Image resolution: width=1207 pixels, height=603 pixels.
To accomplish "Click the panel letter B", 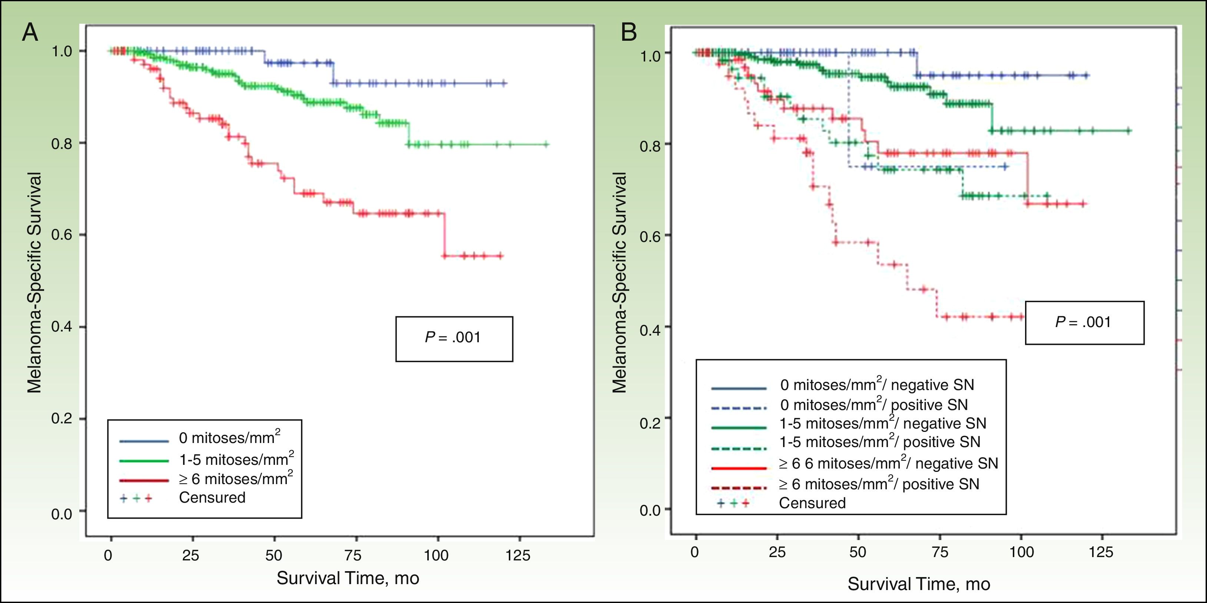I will pyautogui.click(x=629, y=32).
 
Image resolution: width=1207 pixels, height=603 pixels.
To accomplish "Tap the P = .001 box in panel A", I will pyautogui.click(x=454, y=339).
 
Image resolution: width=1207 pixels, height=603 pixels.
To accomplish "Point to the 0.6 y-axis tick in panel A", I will pyautogui.click(x=62, y=234).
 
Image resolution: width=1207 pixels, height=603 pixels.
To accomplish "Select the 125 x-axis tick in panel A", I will pyautogui.click(x=518, y=555).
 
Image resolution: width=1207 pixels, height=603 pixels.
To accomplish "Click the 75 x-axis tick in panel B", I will pyautogui.click(x=939, y=552).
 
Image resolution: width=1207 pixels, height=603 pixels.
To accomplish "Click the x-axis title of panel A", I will pyautogui.click(x=348, y=578).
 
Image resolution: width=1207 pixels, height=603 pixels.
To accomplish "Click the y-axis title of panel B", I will pyautogui.click(x=619, y=282).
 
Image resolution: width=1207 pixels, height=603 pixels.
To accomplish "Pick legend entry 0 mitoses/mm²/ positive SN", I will pyautogui.click(x=874, y=404).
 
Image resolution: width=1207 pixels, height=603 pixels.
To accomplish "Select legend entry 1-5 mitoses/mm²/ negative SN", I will pyautogui.click(x=882, y=424).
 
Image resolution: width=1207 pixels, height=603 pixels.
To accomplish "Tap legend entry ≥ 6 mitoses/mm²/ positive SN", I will pyautogui.click(x=879, y=484).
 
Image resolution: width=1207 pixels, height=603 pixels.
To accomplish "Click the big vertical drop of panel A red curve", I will pyautogui.click(x=443, y=234).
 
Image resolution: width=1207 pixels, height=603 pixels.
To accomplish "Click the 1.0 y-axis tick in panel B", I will pyautogui.click(x=650, y=55).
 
